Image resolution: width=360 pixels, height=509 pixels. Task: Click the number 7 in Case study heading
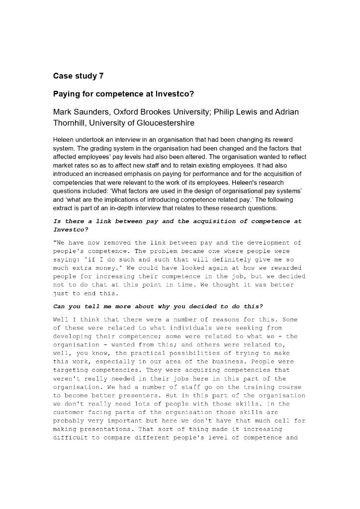pyautogui.click(x=101, y=76)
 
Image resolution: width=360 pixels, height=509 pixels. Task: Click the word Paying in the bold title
pyautogui.click(x=66, y=94)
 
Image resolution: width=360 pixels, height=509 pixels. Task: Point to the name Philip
pyautogui.click(x=226, y=112)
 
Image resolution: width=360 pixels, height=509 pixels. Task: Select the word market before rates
pyautogui.click(x=63, y=165)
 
